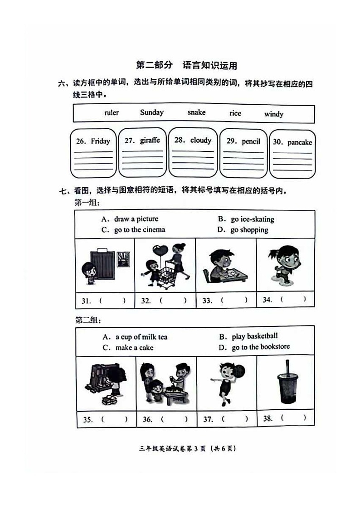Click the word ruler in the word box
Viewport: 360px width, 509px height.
112,113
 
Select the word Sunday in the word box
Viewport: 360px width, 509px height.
151,112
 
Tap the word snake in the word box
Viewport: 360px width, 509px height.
196,112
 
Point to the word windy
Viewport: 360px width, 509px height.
273,114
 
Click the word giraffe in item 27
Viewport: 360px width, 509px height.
150,141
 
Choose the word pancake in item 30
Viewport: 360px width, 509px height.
299,142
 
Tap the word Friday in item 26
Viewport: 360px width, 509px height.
100,141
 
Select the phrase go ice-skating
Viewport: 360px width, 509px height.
252,219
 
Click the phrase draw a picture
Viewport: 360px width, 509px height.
136,219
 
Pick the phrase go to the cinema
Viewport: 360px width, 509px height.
139,230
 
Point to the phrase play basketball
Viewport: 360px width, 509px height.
254,336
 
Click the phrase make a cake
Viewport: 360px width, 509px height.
134,348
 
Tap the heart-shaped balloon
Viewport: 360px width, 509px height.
161,250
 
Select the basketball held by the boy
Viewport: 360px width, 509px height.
239,370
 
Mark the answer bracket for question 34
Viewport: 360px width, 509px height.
293,299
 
